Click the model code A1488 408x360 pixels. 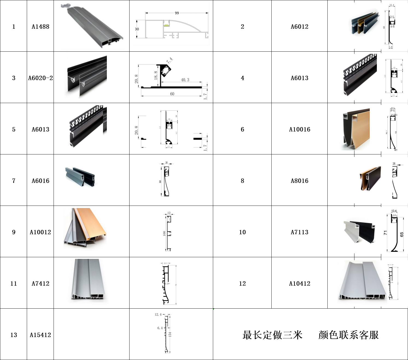tap(40, 27)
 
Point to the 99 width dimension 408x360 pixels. tap(177, 13)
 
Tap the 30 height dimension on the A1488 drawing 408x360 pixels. tap(137, 29)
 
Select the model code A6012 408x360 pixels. tap(300, 27)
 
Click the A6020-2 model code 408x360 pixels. tap(40, 78)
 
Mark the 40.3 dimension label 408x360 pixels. tap(185, 80)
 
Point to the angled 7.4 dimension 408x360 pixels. tap(169, 61)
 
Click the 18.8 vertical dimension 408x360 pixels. tap(155, 75)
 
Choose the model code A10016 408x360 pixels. tap(300, 129)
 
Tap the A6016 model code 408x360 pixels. tap(40, 181)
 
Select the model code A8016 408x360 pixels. tap(300, 181)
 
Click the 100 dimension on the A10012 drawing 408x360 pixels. tap(164, 233)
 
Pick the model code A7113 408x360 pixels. tap(300, 232)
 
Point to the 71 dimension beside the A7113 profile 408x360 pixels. tap(385, 233)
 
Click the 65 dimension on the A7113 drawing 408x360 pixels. tap(401, 235)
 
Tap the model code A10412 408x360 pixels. tap(300, 283)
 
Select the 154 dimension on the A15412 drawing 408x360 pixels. tap(170, 334)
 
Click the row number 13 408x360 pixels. tap(14, 335)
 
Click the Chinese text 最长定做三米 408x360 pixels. tap(272, 335)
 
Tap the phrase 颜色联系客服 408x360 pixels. tap(348, 335)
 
